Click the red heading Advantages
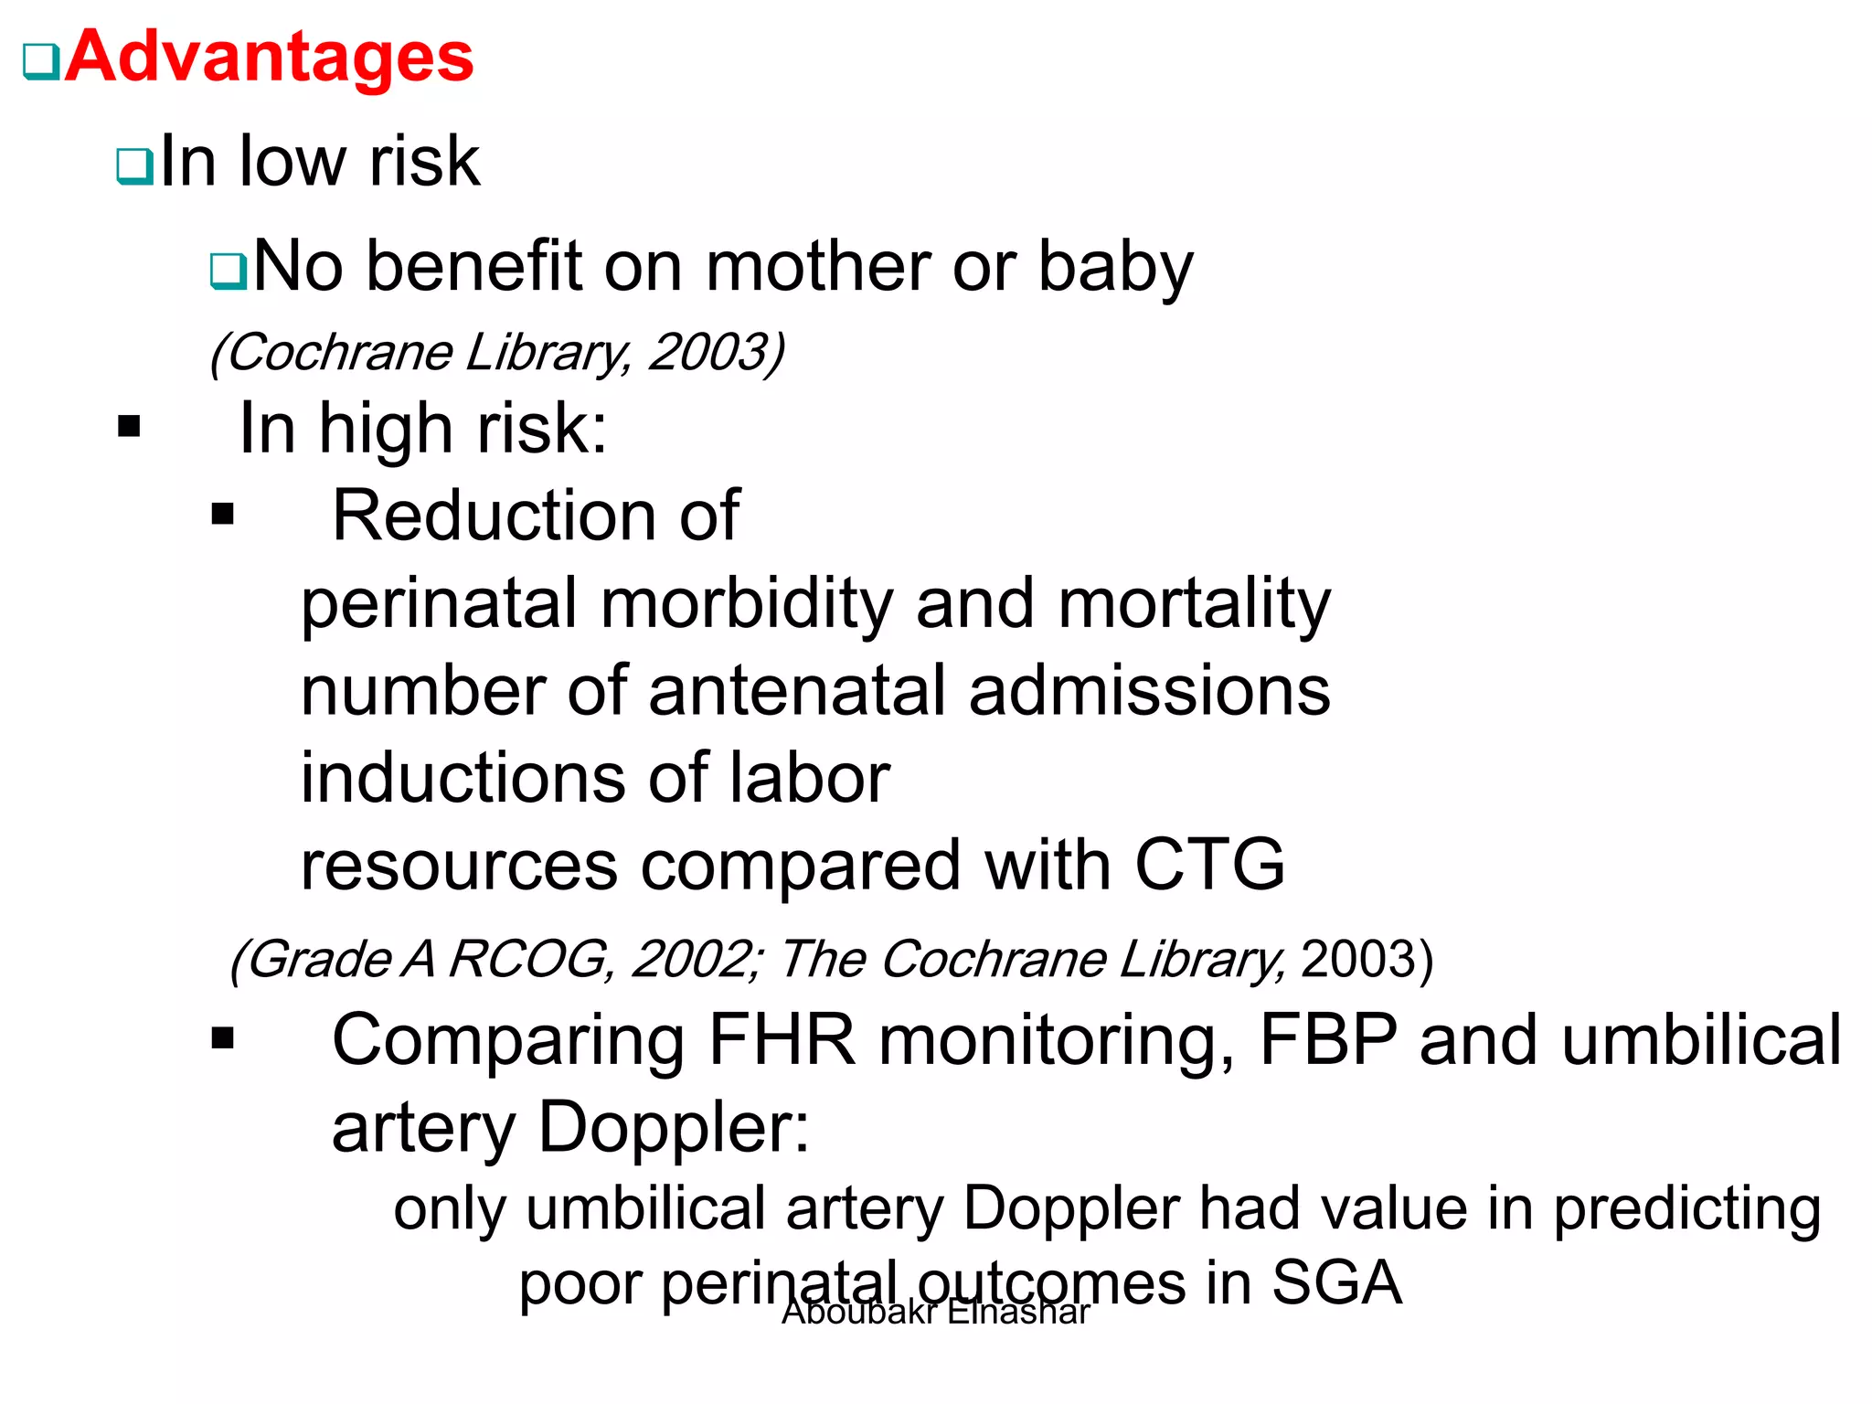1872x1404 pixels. pos(269,57)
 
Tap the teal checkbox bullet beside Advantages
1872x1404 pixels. pos(41,62)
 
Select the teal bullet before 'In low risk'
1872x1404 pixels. pos(135,166)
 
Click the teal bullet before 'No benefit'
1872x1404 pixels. pos(228,271)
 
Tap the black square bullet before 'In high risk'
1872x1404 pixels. pos(129,427)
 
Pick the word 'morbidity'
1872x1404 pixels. pos(746,604)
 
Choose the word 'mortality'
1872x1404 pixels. pos(1194,604)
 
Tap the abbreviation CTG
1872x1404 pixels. pos(1208,865)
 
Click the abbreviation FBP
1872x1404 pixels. pos(1328,1040)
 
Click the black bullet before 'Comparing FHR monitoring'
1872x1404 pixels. pos(222,1038)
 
